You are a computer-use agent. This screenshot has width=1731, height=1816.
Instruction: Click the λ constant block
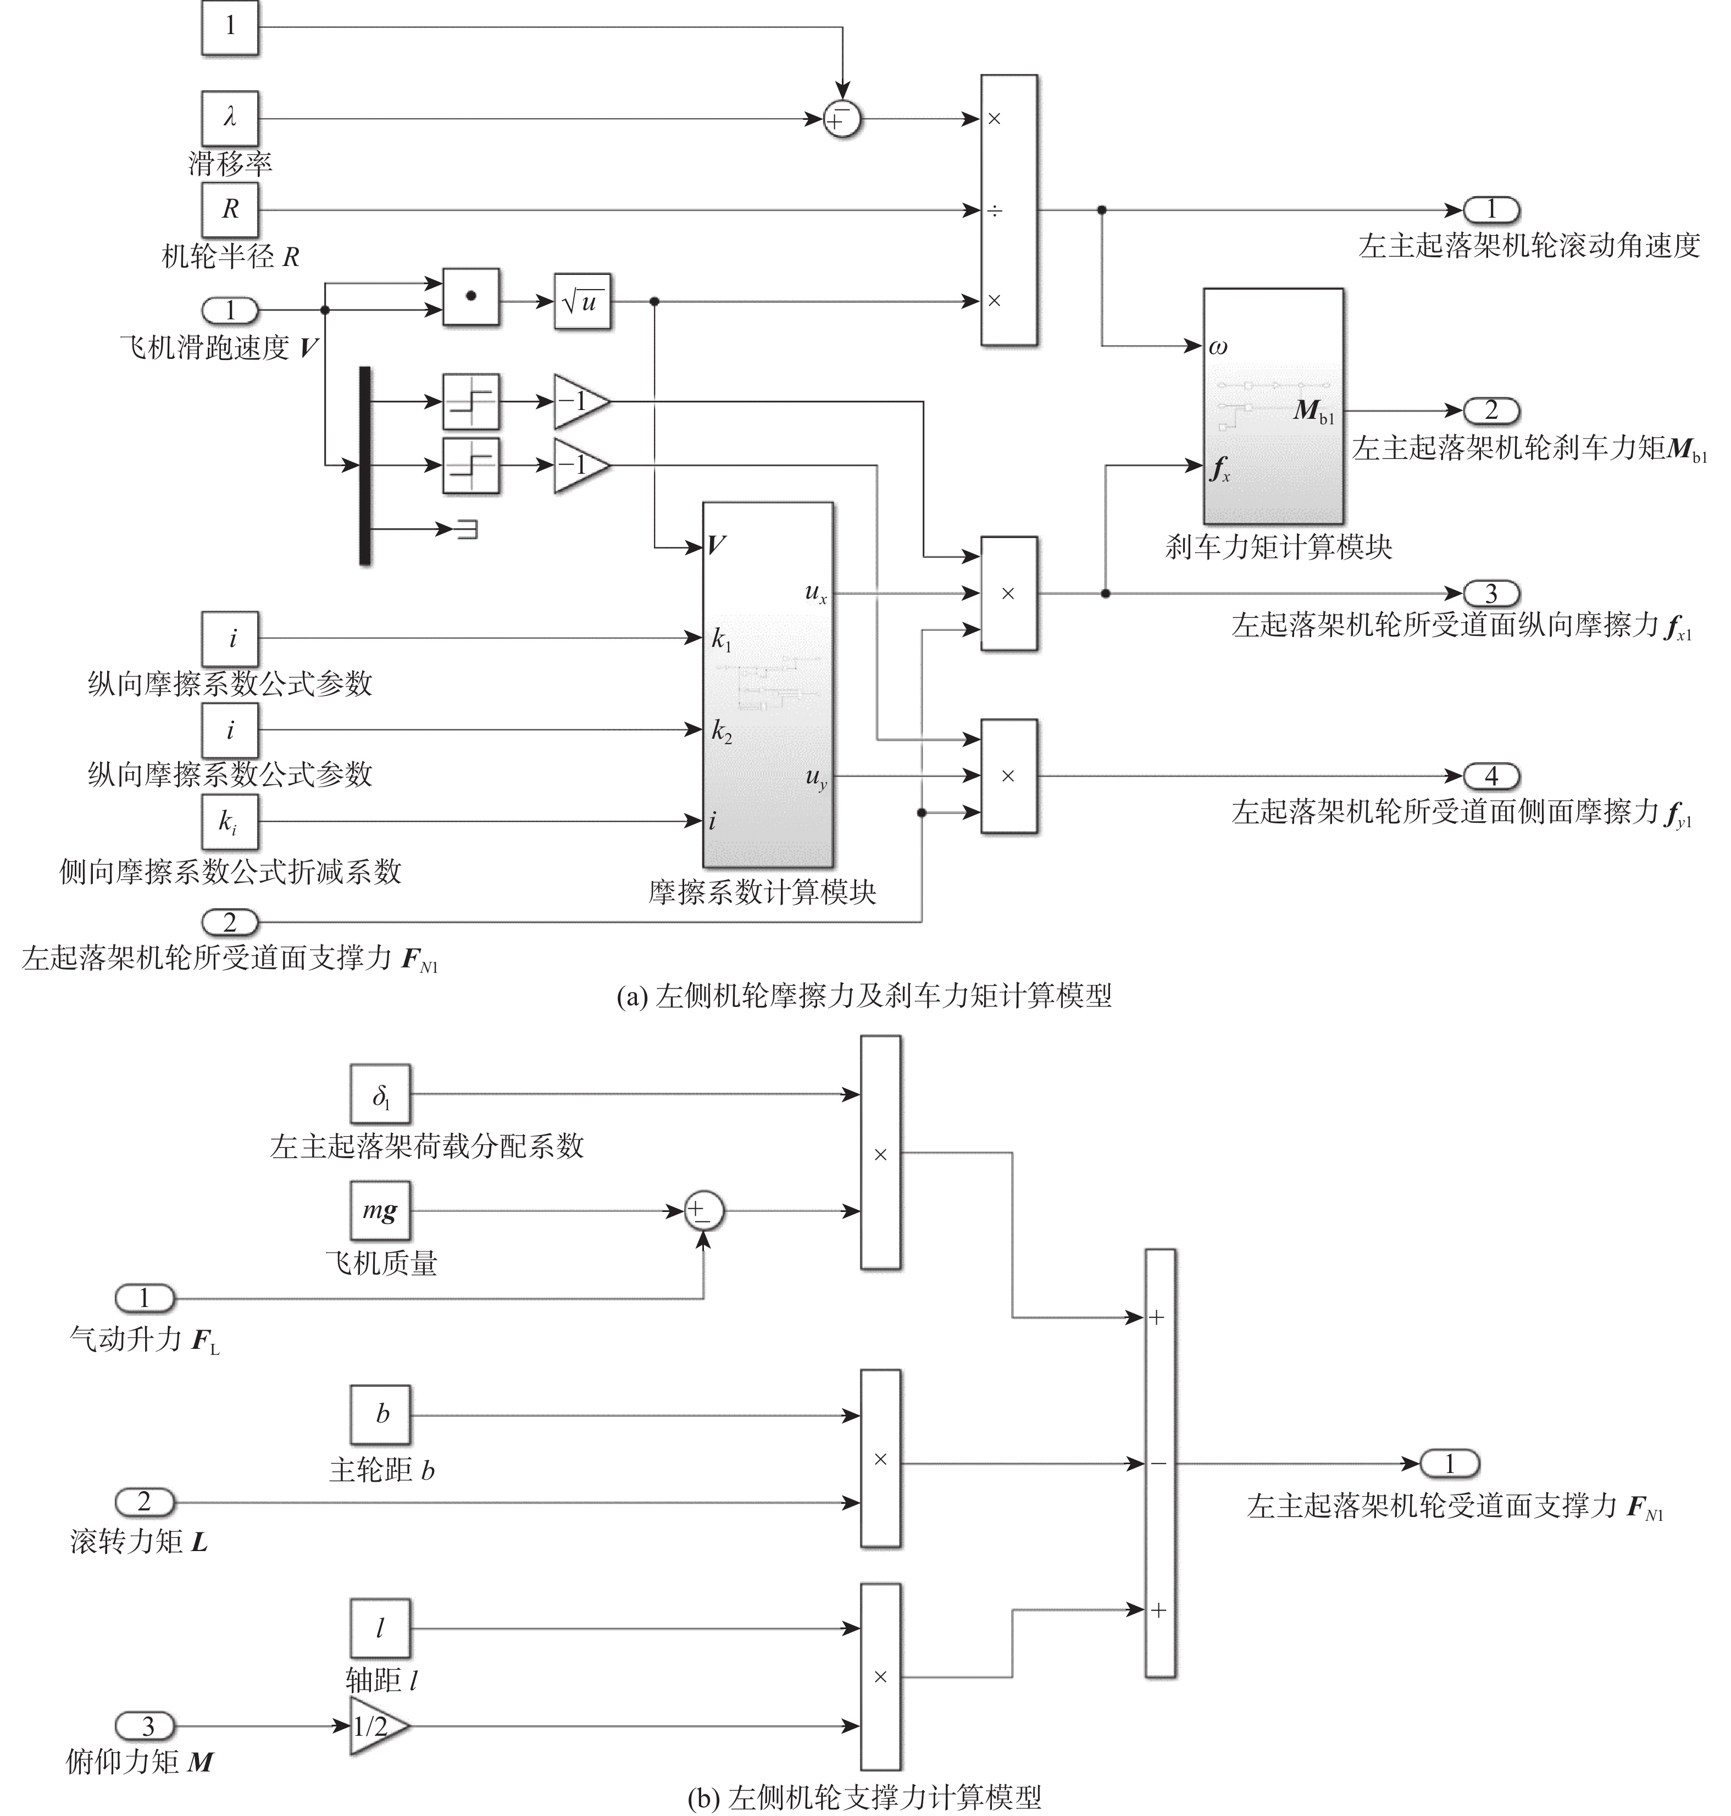230,118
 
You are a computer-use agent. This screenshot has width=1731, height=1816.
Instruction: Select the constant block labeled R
230,209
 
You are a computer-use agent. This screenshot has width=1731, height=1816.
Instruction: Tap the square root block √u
582,301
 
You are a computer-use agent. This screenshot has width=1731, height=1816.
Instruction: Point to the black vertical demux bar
364,465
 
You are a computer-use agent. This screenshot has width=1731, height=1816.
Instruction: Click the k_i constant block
230,821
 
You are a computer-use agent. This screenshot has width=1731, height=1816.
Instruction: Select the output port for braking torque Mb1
1491,411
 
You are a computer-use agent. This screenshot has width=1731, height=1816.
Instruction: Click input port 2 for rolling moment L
145,1502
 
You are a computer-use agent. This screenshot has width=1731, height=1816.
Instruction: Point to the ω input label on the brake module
1218,347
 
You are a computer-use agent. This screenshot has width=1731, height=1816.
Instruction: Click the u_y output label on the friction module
815,778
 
